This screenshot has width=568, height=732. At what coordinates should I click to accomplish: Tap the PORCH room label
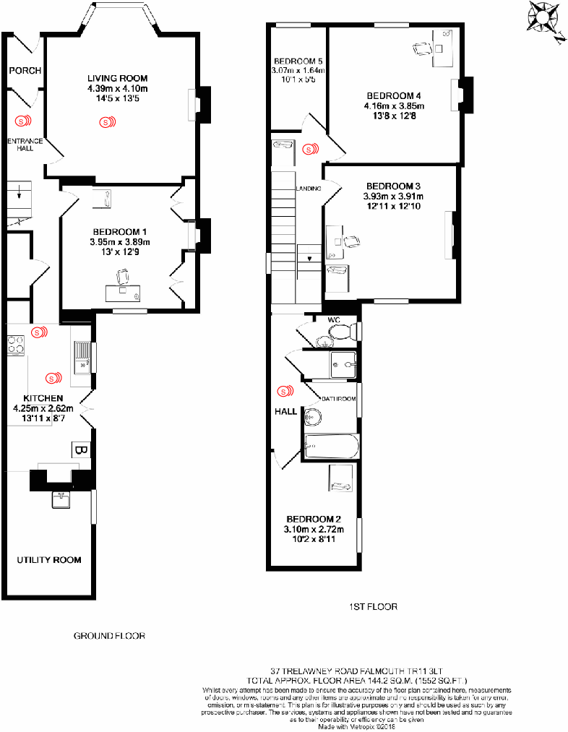click(x=25, y=70)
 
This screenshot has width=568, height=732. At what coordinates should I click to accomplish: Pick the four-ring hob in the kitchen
click(x=17, y=345)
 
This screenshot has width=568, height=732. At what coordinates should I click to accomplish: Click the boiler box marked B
click(x=79, y=450)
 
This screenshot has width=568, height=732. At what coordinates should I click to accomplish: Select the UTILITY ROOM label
click(x=49, y=559)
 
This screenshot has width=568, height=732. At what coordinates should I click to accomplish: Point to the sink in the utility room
click(x=61, y=499)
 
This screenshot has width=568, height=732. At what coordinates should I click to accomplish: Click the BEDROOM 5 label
click(x=298, y=60)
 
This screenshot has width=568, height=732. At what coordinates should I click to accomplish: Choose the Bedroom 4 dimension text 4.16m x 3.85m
click(x=394, y=106)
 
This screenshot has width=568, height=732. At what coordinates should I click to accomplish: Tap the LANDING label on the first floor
click(x=308, y=189)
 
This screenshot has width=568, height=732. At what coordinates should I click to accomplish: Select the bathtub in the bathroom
click(x=332, y=446)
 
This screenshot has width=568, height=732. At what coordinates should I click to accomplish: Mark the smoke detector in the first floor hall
click(x=286, y=392)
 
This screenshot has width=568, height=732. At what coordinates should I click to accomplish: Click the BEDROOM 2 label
click(x=314, y=519)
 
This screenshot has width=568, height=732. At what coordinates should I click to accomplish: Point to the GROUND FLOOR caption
click(x=110, y=636)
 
